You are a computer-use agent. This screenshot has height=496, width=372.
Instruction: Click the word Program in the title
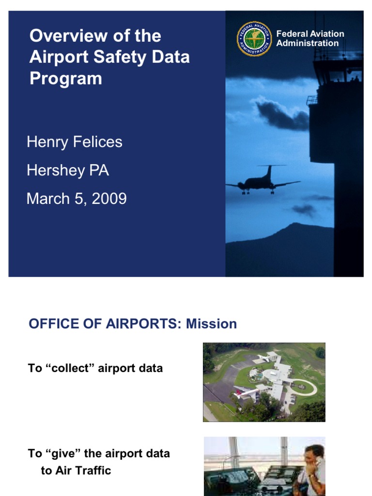tap(66, 78)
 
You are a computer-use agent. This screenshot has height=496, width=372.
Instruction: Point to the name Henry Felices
tap(75, 142)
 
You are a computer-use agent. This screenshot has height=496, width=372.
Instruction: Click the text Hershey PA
tap(68, 170)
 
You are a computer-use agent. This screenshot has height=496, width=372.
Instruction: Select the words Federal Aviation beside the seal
tap(310, 34)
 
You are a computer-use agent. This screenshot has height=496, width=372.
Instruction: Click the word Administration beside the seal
tap(308, 43)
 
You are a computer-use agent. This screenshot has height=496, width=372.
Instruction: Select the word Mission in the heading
tap(212, 324)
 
